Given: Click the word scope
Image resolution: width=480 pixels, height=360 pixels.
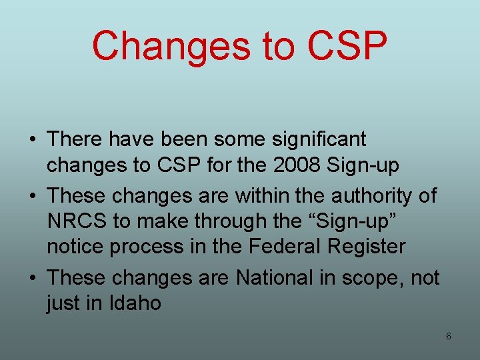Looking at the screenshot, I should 377,277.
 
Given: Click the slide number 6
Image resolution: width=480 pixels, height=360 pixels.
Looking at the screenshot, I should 448,337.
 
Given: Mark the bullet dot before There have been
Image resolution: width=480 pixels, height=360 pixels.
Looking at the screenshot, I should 32,140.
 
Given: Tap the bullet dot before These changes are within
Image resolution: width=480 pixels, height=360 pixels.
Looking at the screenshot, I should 32,197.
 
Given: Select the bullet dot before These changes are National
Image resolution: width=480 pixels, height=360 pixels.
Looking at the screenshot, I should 32,277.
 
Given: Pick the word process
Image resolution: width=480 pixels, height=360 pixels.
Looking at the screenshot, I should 151,247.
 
